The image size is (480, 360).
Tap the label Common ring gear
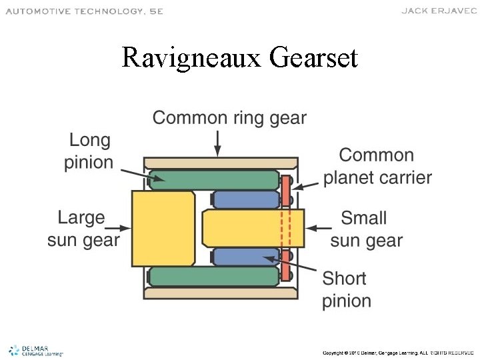point(229,119)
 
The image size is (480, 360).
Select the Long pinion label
point(89,151)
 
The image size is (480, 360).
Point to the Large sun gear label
point(83,229)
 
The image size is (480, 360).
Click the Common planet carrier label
point(377,167)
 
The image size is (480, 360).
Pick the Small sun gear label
point(366,229)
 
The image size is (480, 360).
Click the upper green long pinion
point(213,179)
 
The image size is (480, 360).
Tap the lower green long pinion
point(213,276)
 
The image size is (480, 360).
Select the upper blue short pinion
point(245,199)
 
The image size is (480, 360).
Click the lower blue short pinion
point(245,257)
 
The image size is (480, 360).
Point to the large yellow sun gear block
point(163,228)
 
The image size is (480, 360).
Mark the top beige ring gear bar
point(221,163)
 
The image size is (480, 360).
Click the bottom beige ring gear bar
point(221,293)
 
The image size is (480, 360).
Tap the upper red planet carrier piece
point(286,192)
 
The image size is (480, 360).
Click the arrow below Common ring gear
point(217,143)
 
